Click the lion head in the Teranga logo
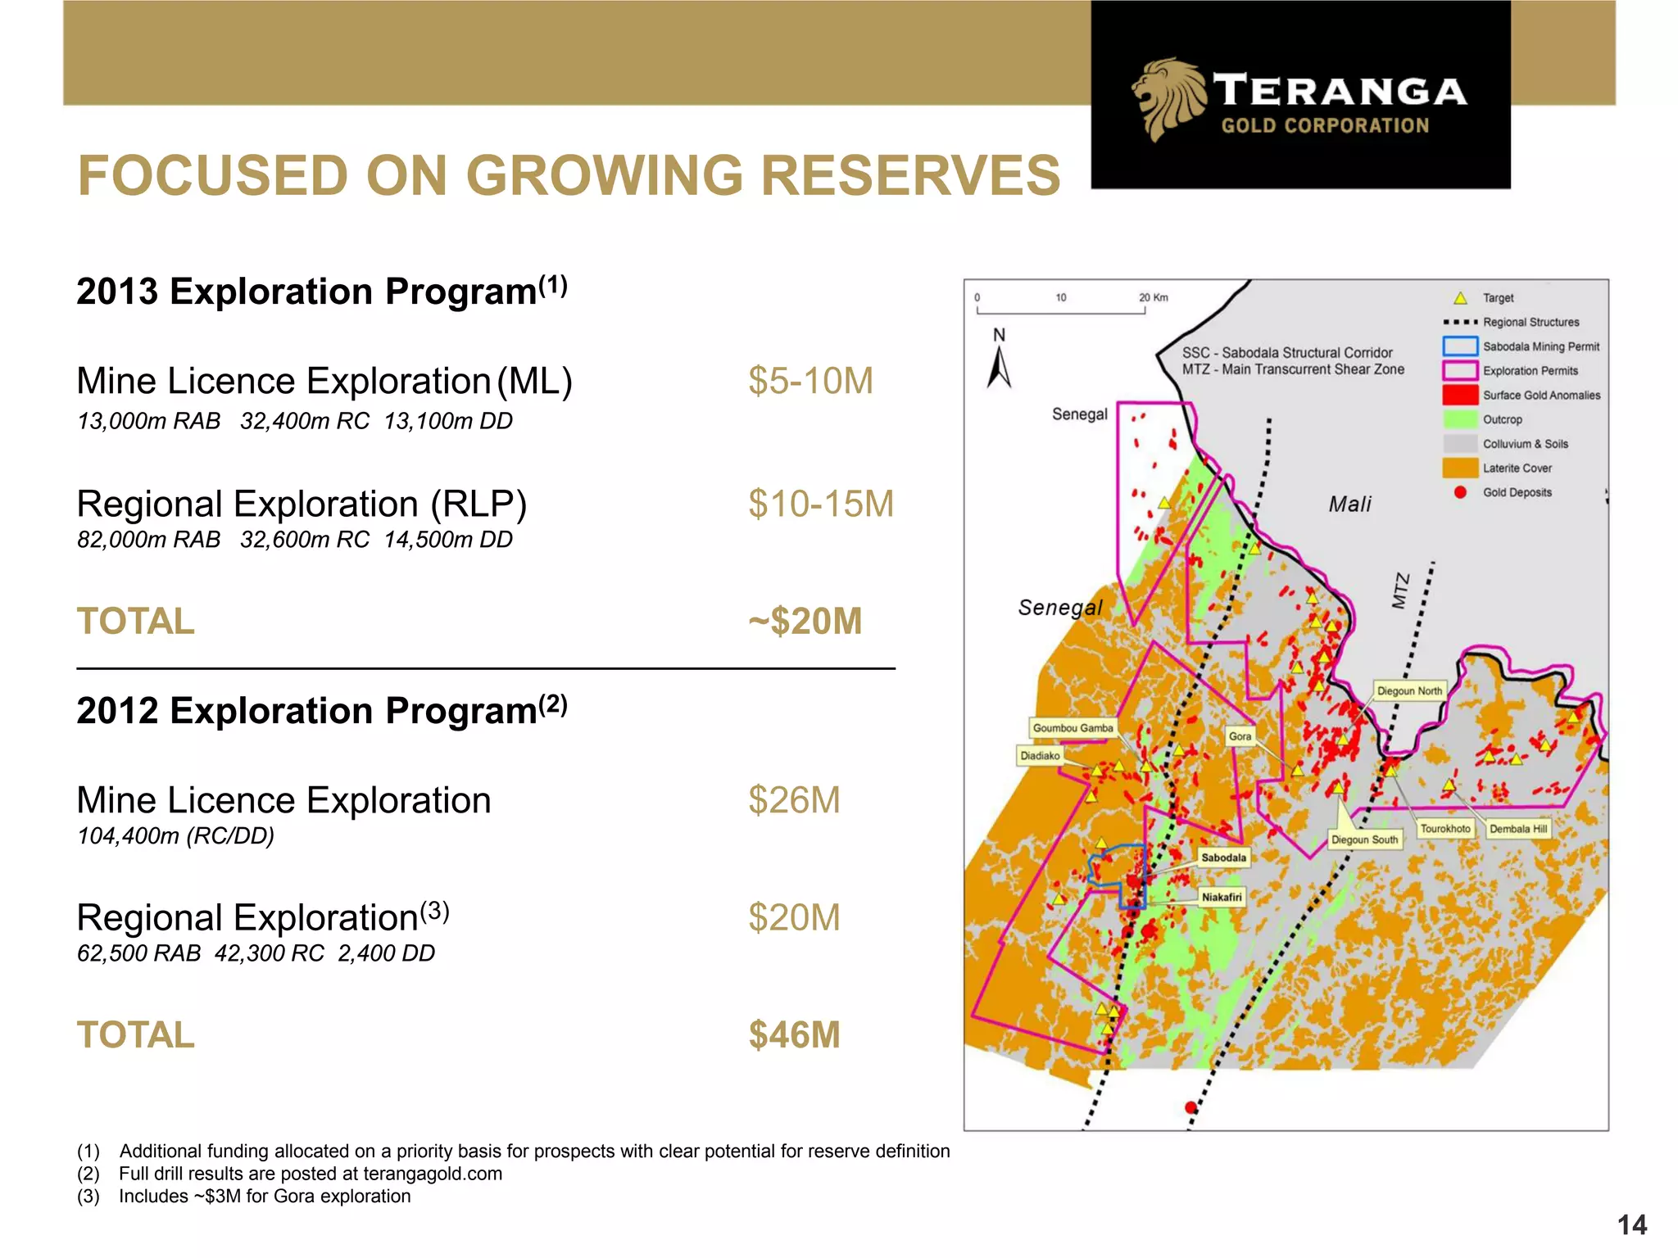tap(1168, 97)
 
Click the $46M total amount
tap(794, 1035)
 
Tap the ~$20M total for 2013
tap(805, 622)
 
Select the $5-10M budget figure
tap(810, 382)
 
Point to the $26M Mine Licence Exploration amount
tap(794, 801)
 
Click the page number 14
tap(1631, 1225)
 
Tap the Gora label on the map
tap(1240, 736)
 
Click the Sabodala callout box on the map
tap(1223, 858)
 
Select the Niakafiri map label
tap(1222, 897)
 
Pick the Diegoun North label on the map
tap(1409, 691)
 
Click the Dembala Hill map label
tap(1518, 829)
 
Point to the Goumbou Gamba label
tap(1073, 728)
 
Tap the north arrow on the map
tap(999, 368)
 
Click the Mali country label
tap(1349, 505)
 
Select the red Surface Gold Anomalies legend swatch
tap(1459, 395)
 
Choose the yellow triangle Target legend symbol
tap(1460, 298)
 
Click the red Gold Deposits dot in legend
tap(1460, 492)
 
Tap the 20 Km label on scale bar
tap(1154, 297)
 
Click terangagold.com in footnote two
tap(432, 1174)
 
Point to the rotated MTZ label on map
tap(1400, 591)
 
